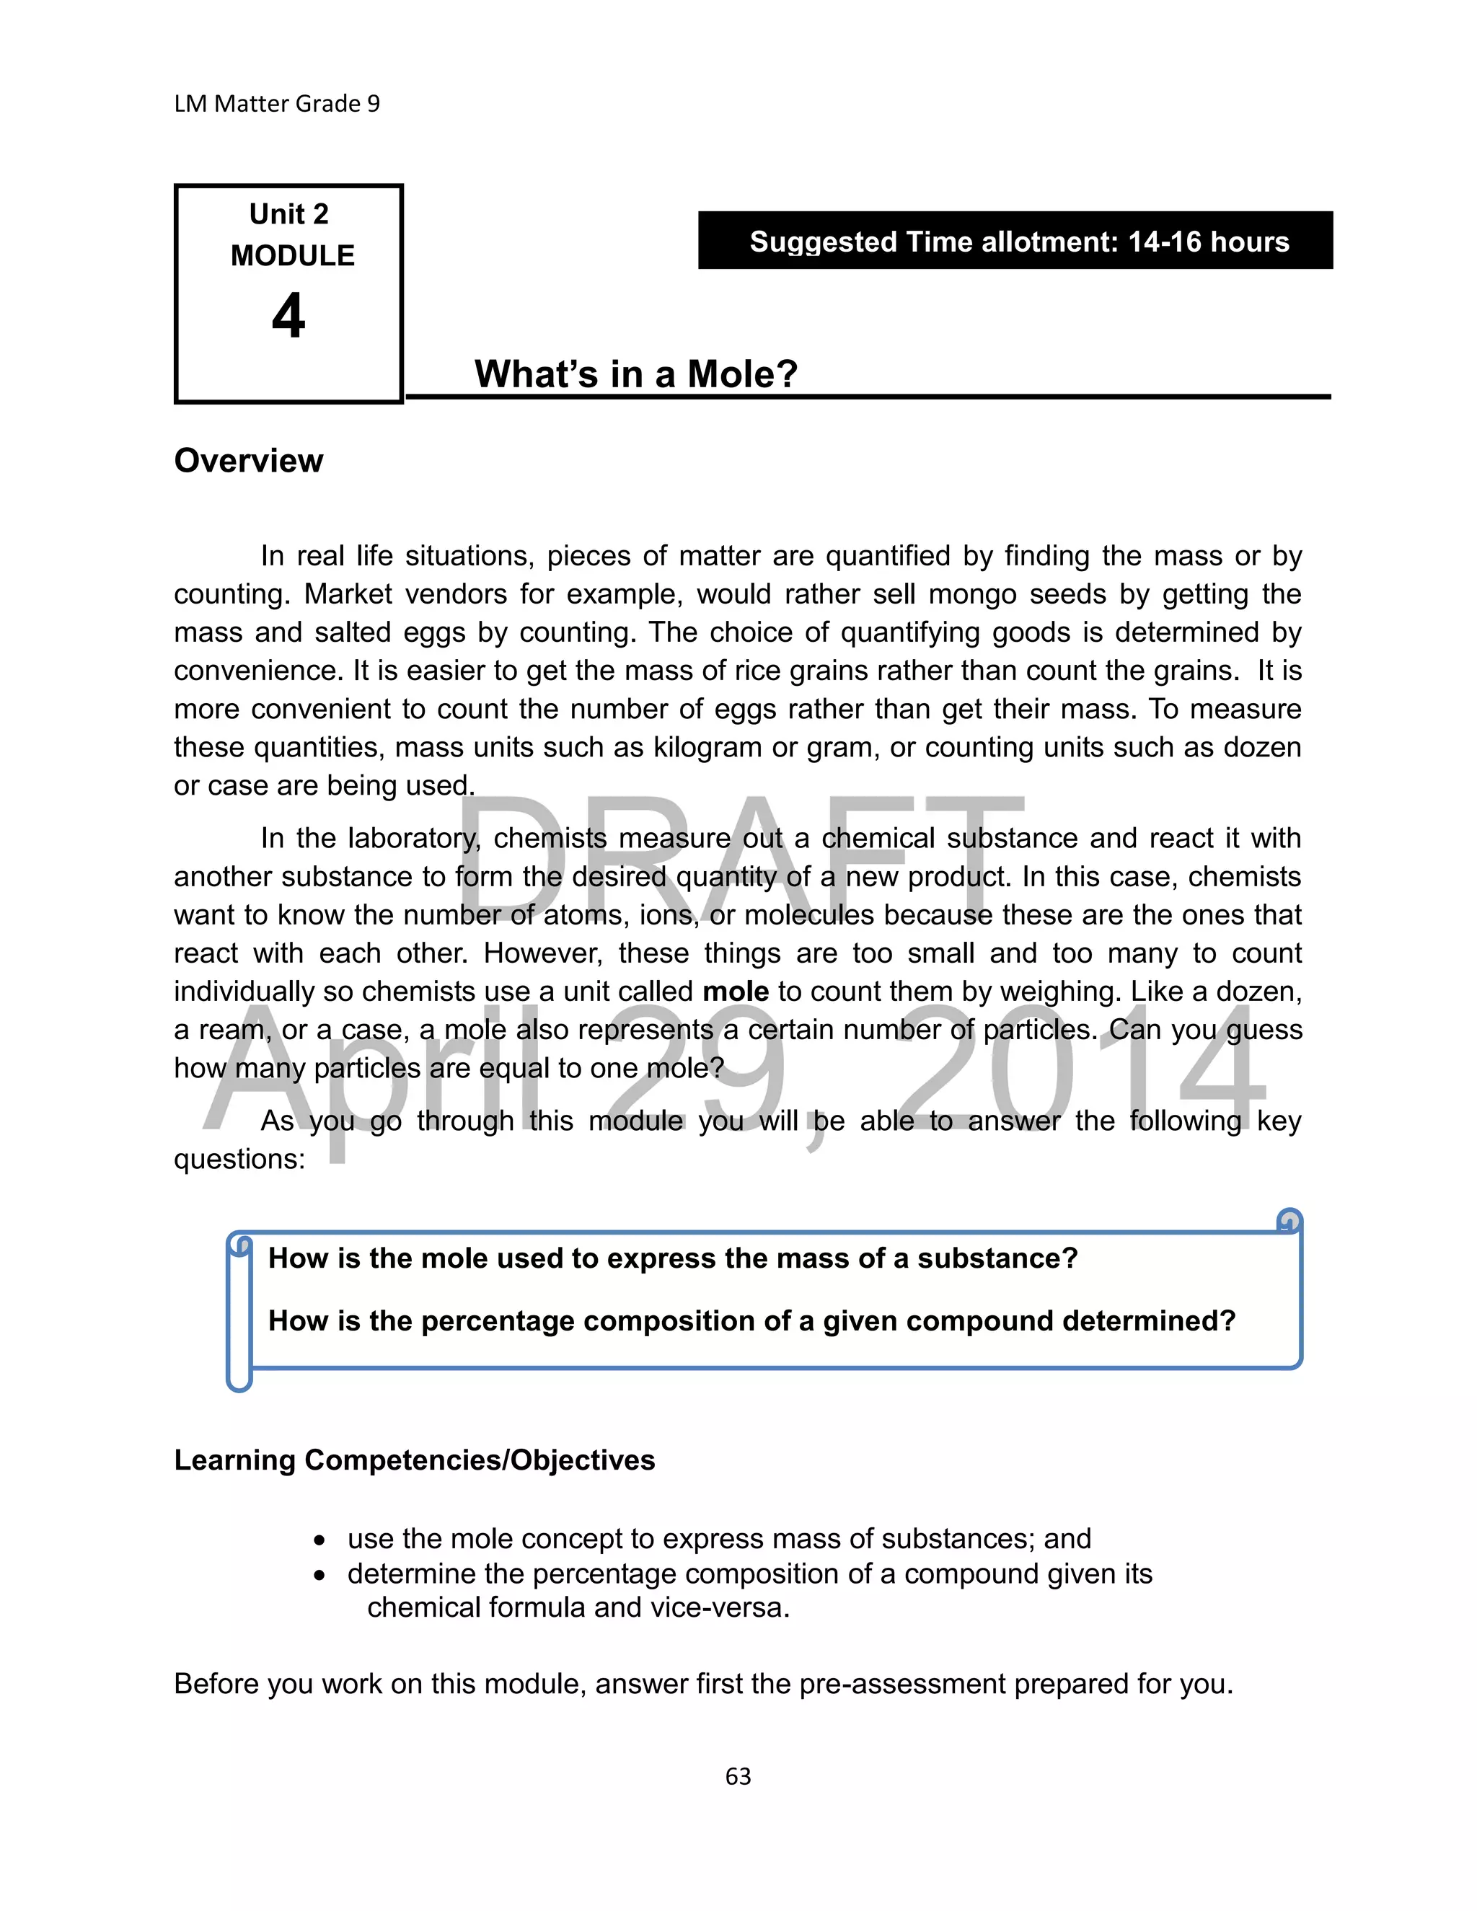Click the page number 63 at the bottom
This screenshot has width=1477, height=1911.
738,1775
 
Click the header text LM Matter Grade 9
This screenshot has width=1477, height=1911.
276,104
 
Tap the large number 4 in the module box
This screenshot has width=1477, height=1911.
288,316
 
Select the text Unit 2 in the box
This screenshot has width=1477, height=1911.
288,214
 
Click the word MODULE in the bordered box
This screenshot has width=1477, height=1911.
292,255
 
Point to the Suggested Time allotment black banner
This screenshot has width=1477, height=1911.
1015,241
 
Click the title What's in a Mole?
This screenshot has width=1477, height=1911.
636,374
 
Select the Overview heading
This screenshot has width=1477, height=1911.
249,460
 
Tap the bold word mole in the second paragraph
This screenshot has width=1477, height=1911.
735,992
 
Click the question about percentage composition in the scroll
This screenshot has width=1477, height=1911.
751,1320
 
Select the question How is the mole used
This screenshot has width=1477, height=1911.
672,1258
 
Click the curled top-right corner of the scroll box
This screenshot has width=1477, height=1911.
1289,1221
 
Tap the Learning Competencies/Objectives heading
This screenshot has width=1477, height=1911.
414,1460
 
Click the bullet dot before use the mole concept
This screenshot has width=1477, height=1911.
320,1540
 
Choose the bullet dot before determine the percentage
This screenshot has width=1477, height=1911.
320,1575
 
